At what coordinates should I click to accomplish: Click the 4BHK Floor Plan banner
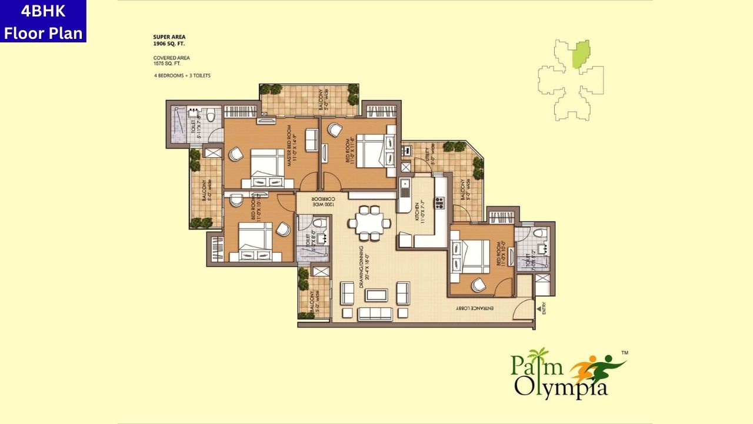pyautogui.click(x=43, y=21)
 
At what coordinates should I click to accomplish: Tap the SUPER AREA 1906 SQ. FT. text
pyautogui.click(x=169, y=40)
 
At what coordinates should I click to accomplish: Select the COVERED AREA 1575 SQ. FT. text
pyautogui.click(x=172, y=61)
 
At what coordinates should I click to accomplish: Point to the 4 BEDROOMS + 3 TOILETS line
pyautogui.click(x=182, y=76)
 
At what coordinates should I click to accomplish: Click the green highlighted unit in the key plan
pyautogui.click(x=581, y=54)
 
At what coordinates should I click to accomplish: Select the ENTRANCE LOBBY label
pyautogui.click(x=482, y=308)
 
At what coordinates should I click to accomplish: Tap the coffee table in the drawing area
pyautogui.click(x=375, y=293)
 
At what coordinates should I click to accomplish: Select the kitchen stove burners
pyautogui.click(x=439, y=203)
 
